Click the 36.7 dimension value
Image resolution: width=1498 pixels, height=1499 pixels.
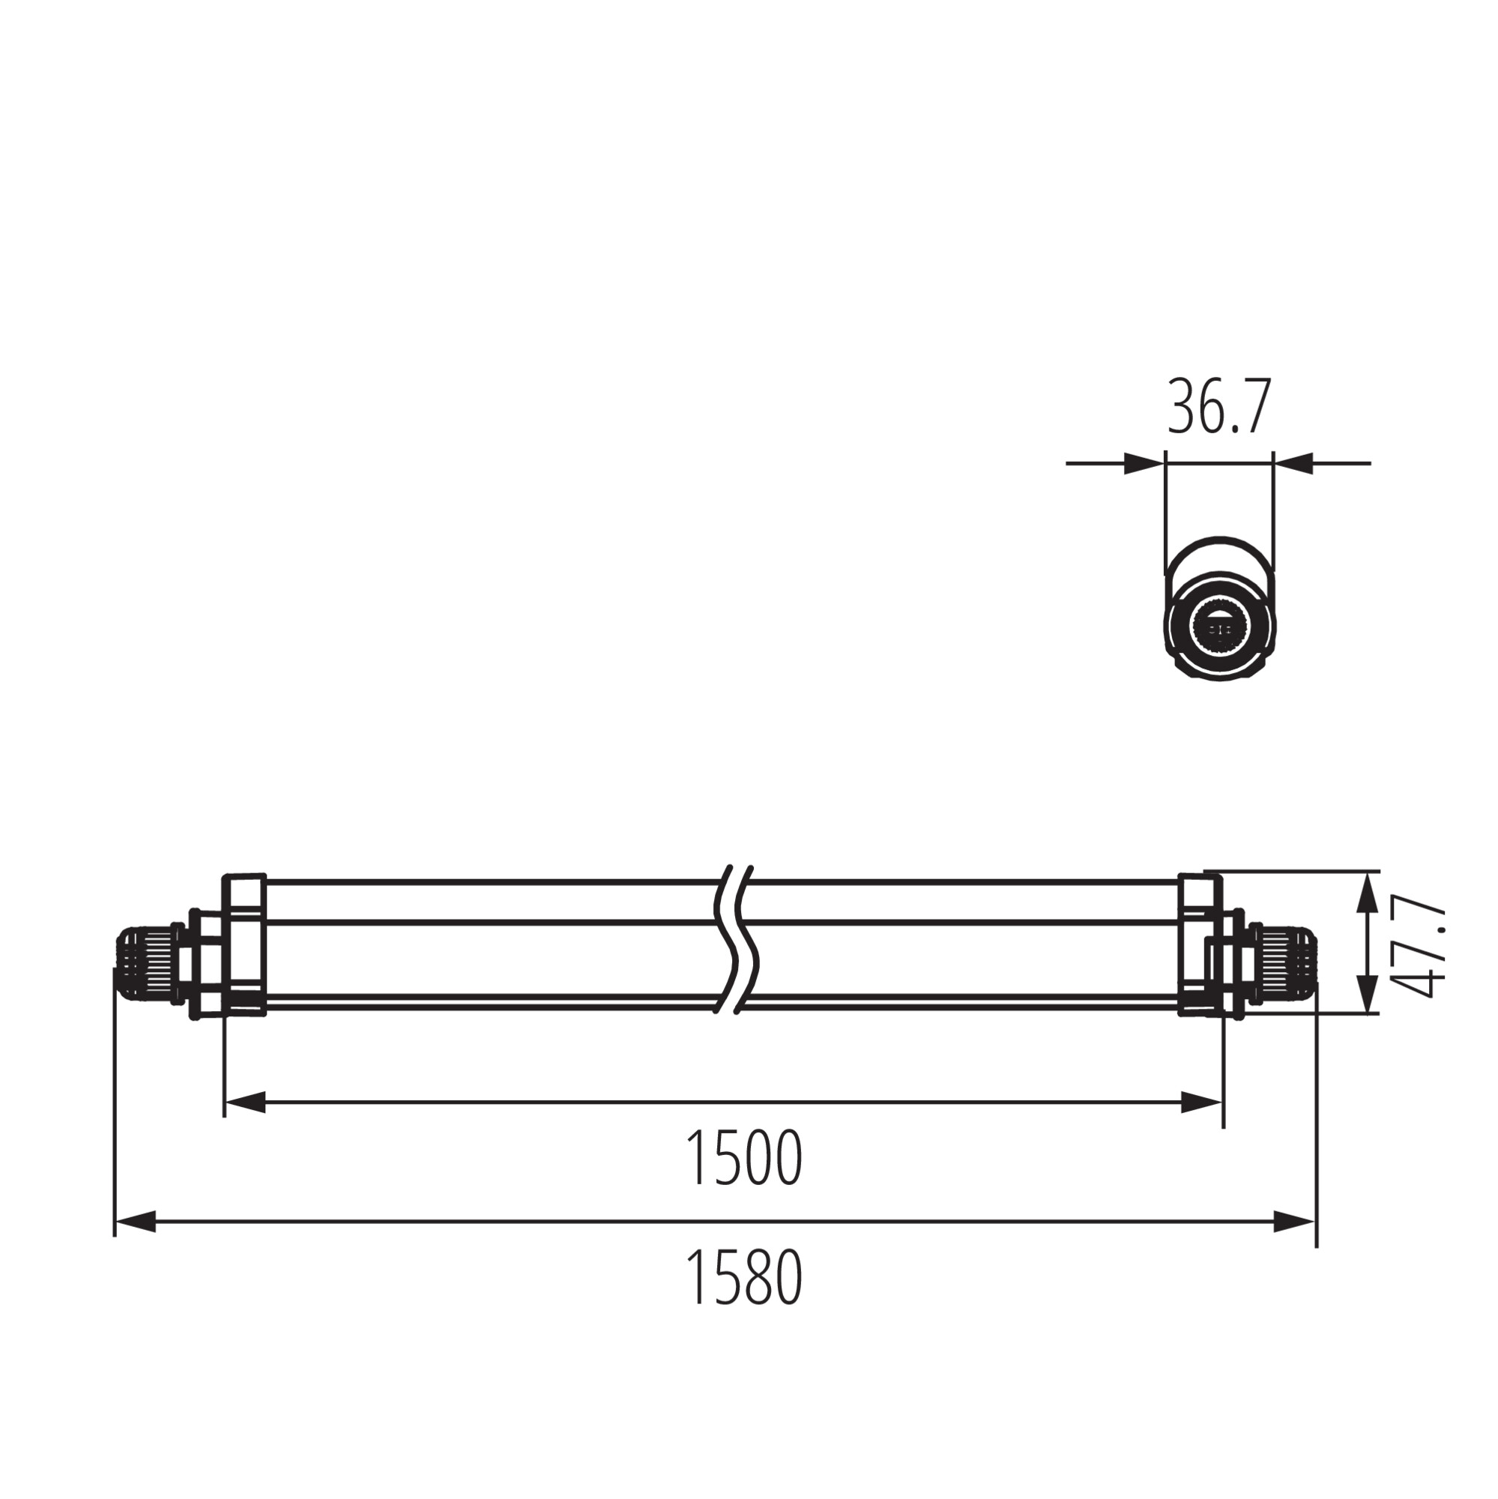tap(1219, 406)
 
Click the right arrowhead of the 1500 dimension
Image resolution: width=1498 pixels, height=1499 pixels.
tap(1202, 1102)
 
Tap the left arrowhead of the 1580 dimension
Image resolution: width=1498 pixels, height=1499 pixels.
tap(136, 1222)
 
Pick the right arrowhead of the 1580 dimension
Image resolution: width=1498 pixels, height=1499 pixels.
tap(1295, 1222)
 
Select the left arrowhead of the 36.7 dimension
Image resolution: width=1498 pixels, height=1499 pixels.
tap(1144, 463)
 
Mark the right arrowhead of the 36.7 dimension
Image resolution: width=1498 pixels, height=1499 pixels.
tap(1293, 463)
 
